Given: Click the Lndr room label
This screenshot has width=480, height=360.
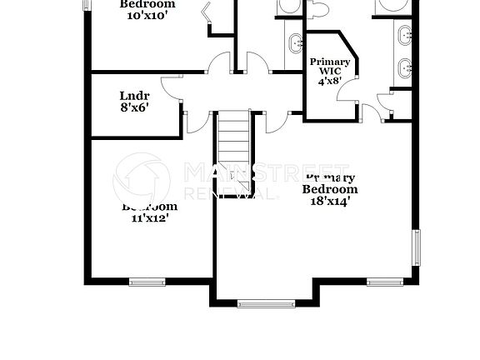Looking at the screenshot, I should [x=134, y=95].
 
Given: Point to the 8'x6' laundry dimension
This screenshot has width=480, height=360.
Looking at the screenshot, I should [x=134, y=107].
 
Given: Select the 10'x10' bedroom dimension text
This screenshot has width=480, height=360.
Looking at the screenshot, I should [x=149, y=15].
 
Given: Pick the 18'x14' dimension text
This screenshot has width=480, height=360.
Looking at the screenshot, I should [x=330, y=201].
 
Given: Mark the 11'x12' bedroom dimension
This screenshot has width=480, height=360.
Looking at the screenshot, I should [x=150, y=218].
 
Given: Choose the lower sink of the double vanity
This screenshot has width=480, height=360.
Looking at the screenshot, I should [x=404, y=67].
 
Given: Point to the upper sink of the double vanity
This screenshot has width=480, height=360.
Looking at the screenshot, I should [x=404, y=35].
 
